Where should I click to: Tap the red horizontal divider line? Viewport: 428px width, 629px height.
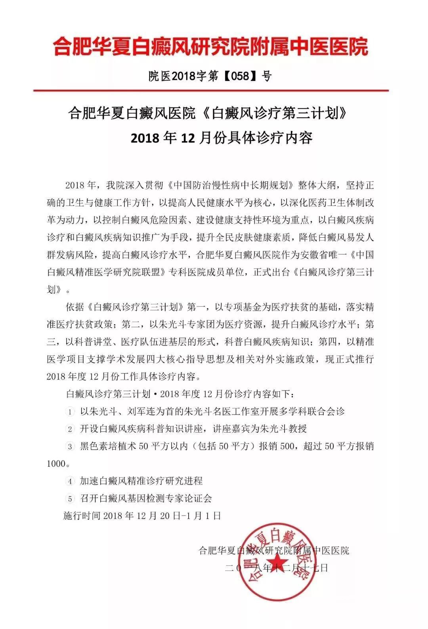pyautogui.click(x=210, y=91)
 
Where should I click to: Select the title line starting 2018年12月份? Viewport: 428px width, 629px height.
pyautogui.click(x=222, y=138)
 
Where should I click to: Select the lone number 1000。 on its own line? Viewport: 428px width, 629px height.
pyautogui.click(x=58, y=464)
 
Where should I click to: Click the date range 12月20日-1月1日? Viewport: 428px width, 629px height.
pyautogui.click(x=178, y=516)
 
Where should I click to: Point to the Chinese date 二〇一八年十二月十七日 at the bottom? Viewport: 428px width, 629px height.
pyautogui.click(x=277, y=568)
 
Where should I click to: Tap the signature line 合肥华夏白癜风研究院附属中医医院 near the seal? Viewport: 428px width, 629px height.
pyautogui.click(x=274, y=550)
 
